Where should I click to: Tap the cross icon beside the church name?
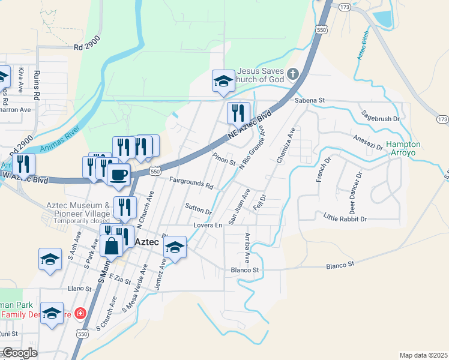(293, 74)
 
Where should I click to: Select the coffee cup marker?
(118, 175)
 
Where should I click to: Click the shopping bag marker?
(112, 245)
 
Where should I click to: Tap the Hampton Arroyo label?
(403, 149)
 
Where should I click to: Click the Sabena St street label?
(309, 100)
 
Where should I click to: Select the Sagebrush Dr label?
(379, 116)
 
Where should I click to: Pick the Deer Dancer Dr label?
(357, 193)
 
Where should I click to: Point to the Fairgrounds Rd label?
(191, 183)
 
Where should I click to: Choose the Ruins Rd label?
(37, 86)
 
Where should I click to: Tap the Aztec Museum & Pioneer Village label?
(77, 209)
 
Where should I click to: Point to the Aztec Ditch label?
(363, 46)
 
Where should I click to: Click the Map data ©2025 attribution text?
(423, 355)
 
